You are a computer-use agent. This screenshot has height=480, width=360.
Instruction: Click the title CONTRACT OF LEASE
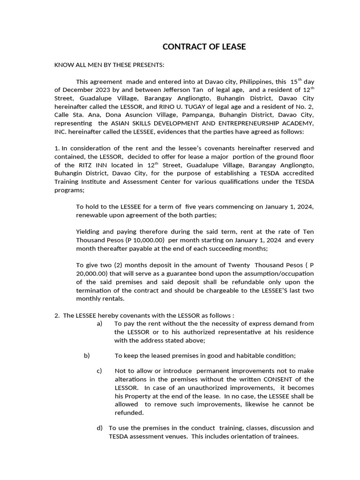(204, 47)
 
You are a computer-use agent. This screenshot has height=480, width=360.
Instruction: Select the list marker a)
(99, 324)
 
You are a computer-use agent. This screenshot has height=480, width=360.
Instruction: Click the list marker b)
(87, 356)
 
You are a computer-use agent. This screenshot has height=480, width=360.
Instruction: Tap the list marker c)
(99, 371)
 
